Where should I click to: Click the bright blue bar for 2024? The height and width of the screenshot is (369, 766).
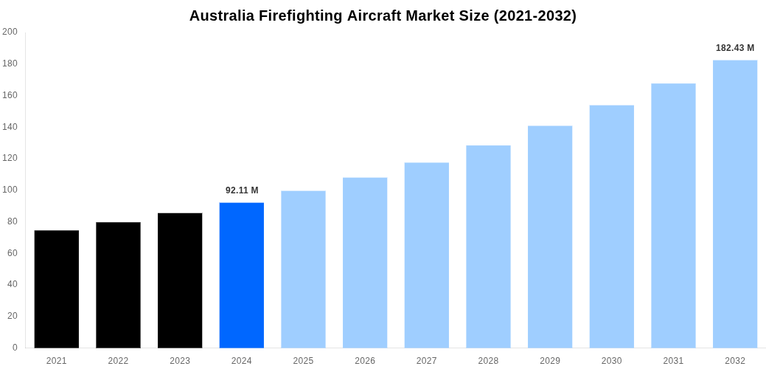coord(241,275)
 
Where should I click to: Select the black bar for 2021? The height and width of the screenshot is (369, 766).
coord(57,289)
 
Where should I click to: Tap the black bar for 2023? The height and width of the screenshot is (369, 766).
coord(180,280)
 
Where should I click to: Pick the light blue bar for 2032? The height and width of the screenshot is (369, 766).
coord(734,204)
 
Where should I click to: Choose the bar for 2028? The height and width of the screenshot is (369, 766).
coord(488,246)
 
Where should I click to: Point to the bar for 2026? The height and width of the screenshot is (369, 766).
coord(365,263)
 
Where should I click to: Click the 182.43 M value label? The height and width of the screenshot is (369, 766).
coord(734,48)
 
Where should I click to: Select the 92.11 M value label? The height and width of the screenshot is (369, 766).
coord(242,190)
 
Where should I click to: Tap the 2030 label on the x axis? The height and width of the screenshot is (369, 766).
coord(611,361)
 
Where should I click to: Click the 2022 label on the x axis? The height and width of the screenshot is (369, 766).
coord(118,361)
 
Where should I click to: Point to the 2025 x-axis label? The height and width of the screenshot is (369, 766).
coord(303,361)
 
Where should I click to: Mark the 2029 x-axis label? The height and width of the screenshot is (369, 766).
coord(549,361)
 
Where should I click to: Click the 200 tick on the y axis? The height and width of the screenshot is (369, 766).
coord(10,32)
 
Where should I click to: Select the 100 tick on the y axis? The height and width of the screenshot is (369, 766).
coord(10,190)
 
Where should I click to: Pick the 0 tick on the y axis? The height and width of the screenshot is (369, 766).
coord(14,348)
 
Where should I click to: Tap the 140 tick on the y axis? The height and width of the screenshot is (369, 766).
coord(10,127)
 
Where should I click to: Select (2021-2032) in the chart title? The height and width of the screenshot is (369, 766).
coord(532,15)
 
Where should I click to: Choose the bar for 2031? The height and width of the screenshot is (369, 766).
coord(673,215)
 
